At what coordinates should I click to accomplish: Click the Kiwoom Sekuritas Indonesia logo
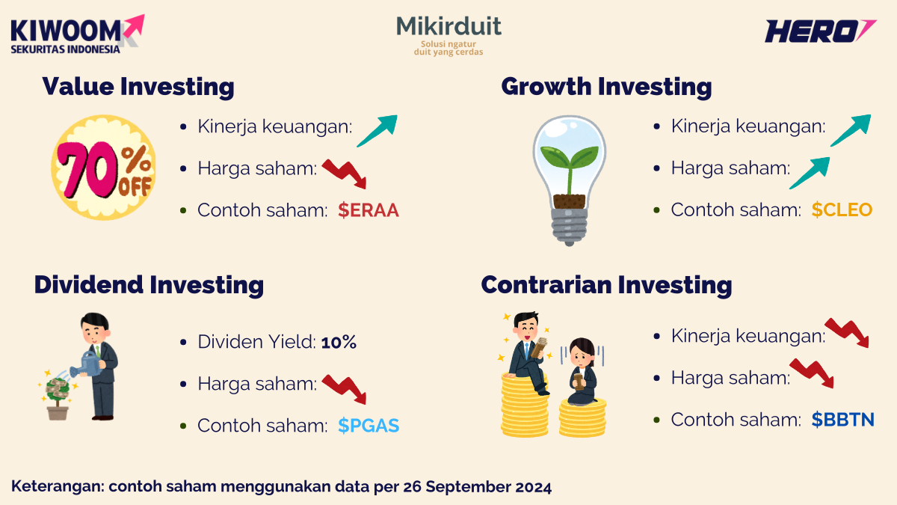(x=75, y=34)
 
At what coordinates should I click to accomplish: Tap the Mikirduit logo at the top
(x=449, y=34)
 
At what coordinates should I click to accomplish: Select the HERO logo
(x=819, y=31)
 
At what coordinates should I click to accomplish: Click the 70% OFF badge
(x=103, y=166)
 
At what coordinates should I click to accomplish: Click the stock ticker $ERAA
(x=368, y=211)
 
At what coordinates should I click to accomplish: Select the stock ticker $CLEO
(x=842, y=210)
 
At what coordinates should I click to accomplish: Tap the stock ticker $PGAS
(x=368, y=426)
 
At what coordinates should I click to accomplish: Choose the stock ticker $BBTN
(x=842, y=420)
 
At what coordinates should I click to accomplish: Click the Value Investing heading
(x=138, y=87)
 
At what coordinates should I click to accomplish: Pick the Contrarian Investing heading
(x=606, y=285)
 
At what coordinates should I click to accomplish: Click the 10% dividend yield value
(x=339, y=343)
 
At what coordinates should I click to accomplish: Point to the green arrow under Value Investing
(x=377, y=130)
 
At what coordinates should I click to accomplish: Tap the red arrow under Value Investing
(x=345, y=174)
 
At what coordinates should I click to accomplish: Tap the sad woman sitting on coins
(x=582, y=371)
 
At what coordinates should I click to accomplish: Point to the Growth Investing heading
(x=606, y=87)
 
